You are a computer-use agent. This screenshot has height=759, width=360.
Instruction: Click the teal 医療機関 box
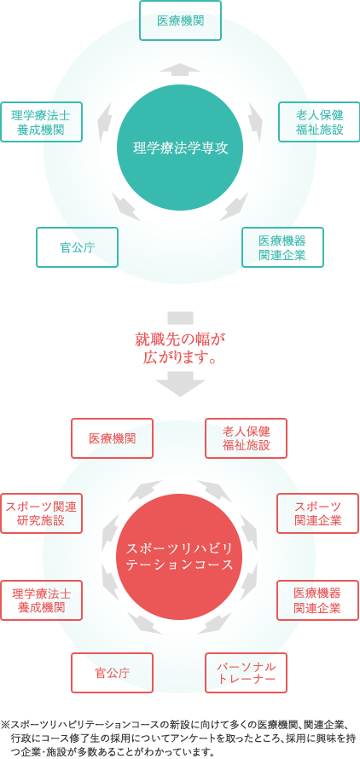(180, 20)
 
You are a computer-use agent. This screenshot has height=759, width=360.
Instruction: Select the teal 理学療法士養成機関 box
(41, 121)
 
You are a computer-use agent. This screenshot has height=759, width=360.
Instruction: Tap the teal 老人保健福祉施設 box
(319, 121)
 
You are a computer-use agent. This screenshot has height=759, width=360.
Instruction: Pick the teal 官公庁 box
(77, 246)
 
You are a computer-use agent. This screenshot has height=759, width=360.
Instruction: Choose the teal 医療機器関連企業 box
(282, 246)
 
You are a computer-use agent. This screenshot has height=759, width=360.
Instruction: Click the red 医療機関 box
(112, 438)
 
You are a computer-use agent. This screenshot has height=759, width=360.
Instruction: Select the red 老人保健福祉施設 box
(247, 438)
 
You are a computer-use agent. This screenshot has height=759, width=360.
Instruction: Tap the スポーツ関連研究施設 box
(41, 513)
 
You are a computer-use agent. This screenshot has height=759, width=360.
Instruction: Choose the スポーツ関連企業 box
(318, 513)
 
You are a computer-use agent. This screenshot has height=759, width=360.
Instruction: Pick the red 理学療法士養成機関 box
(41, 600)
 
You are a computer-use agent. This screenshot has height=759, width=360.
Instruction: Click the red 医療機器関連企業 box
(318, 600)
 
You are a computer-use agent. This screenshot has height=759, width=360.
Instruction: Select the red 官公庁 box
(112, 673)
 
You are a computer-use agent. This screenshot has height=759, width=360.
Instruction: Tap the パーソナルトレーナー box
(247, 673)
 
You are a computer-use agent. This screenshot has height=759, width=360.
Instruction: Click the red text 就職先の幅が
(180, 339)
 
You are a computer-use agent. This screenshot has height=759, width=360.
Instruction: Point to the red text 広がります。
(180, 357)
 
